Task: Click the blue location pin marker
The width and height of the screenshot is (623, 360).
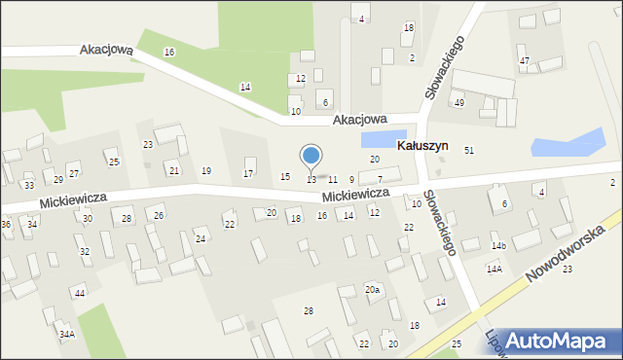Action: point(311,157)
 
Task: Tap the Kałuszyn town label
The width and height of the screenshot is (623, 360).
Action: point(422,145)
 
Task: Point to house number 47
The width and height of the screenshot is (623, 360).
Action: point(525,61)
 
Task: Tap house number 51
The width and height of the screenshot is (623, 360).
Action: point(469,150)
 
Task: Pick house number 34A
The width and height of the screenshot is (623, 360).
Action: point(66,335)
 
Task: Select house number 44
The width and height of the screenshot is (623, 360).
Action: point(80,293)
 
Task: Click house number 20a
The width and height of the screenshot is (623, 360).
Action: point(373,290)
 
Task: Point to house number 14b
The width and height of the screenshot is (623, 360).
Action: point(498,246)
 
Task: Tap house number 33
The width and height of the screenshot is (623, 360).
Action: point(29,185)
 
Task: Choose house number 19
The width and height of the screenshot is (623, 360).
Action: point(205,171)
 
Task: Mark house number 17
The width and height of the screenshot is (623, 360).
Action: point(248,174)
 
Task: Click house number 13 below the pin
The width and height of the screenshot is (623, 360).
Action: point(311,180)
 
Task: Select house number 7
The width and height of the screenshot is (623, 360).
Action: point(380,180)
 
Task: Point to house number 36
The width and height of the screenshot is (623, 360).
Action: point(6,225)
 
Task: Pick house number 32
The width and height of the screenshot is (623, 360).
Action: point(85,252)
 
